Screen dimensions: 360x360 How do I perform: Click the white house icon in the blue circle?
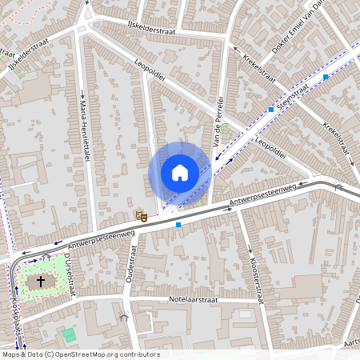click(x=180, y=173)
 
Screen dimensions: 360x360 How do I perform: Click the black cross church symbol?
click(x=41, y=282)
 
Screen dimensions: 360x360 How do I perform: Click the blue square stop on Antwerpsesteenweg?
click(x=178, y=225)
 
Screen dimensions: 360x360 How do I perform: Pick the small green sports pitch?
click(x=69, y=334)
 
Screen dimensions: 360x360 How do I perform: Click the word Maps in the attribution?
click(x=10, y=354)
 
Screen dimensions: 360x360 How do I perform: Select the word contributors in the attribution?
click(x=140, y=354)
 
